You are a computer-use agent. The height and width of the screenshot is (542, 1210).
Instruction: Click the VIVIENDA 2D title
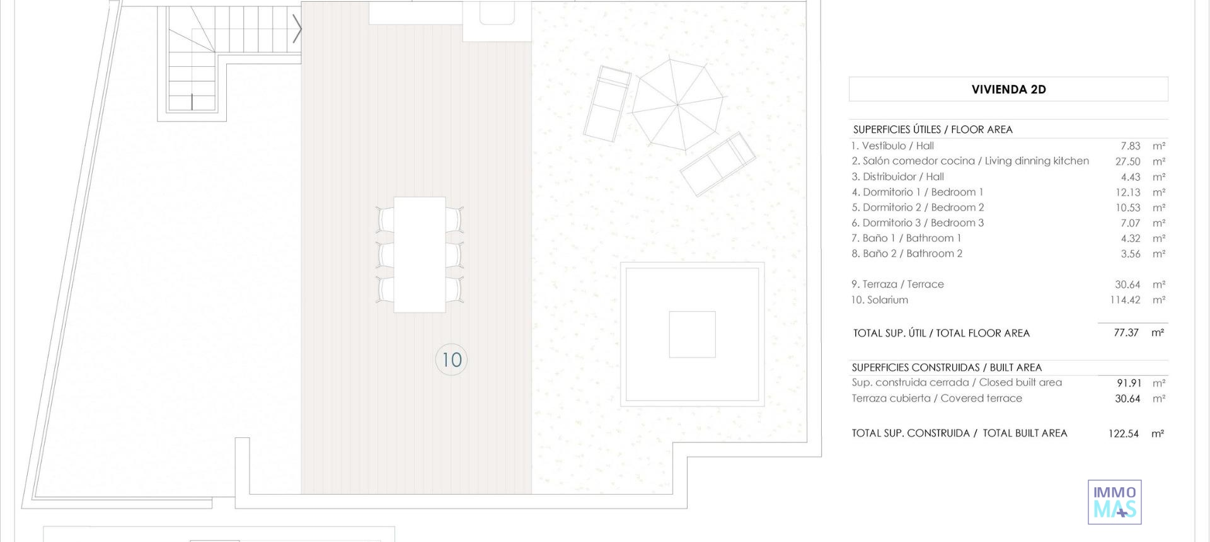click(x=1008, y=89)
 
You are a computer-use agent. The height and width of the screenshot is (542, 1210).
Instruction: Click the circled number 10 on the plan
click(x=451, y=360)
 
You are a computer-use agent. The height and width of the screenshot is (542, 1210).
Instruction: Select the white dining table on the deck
click(x=420, y=255)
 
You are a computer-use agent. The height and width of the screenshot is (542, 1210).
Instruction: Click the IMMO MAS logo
click(x=1114, y=502)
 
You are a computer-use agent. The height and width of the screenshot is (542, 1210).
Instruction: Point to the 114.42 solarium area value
click(x=1125, y=300)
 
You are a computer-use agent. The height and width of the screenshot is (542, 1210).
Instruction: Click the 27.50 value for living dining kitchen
click(x=1127, y=161)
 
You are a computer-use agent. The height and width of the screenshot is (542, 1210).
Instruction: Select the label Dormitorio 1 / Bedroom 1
click(x=917, y=192)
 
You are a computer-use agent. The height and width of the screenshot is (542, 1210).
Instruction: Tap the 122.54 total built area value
click(x=1123, y=434)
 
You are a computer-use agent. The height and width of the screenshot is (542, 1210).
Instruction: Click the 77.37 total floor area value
click(x=1126, y=333)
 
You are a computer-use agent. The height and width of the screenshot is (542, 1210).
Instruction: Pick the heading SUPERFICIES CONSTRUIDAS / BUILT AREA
click(x=947, y=367)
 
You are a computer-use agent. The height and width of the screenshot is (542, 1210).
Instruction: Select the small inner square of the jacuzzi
click(x=692, y=335)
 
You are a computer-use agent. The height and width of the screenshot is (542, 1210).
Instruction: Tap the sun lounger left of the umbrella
click(x=606, y=103)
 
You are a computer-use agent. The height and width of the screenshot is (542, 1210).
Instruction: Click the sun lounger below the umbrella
click(x=718, y=164)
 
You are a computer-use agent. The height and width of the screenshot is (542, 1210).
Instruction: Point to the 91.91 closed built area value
click(x=1128, y=383)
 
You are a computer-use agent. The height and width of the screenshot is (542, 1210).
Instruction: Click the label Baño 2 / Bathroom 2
click(x=907, y=253)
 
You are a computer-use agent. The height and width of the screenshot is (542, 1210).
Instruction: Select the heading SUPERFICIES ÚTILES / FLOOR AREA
click(x=933, y=130)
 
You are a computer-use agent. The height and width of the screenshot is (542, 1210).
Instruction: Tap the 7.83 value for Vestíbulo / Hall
click(x=1131, y=146)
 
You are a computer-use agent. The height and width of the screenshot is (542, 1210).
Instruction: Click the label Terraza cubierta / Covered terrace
click(x=936, y=398)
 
